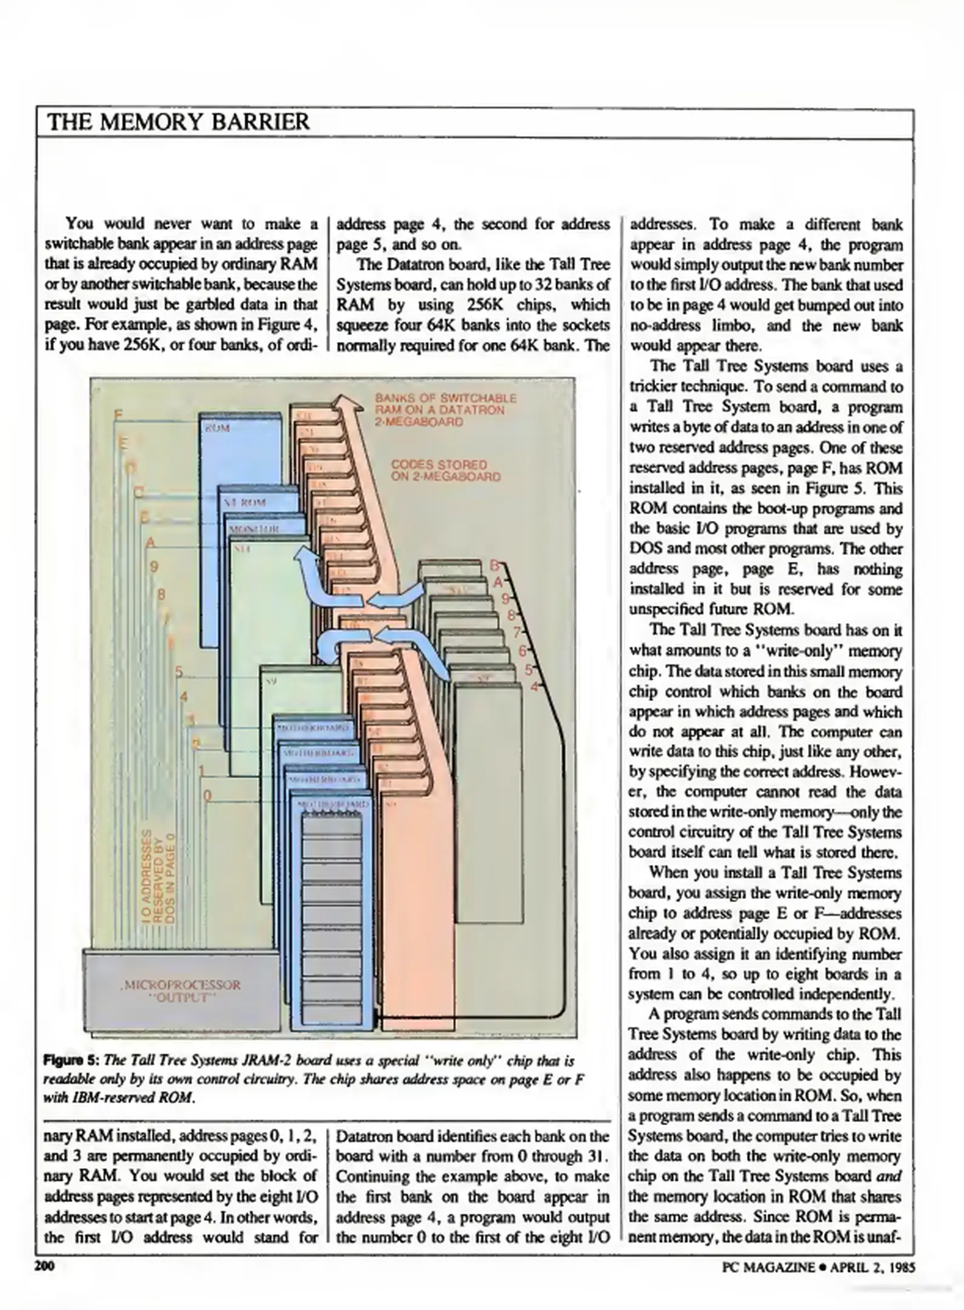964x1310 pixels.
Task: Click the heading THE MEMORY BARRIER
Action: [x=178, y=122]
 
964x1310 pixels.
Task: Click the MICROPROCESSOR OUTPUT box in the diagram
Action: [x=181, y=990]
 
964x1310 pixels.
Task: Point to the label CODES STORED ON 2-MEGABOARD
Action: [x=446, y=471]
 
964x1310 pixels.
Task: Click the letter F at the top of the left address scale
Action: [x=118, y=415]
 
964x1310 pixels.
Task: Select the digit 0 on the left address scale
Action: [x=207, y=796]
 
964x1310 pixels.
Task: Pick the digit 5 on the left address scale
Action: [x=178, y=671]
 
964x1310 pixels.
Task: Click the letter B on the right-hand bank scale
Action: [x=494, y=566]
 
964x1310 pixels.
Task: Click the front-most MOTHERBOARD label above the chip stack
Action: [x=332, y=804]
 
